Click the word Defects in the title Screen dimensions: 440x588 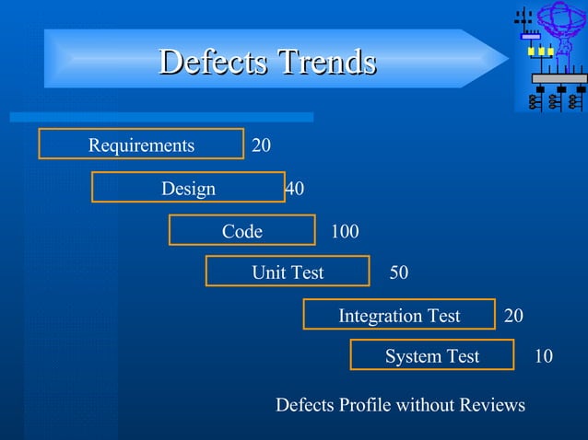[212, 62]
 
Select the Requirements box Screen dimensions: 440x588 [141, 145]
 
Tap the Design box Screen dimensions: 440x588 [188, 188]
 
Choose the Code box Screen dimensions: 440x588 [241, 231]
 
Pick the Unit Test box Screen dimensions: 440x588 [288, 272]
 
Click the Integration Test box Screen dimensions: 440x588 [399, 316]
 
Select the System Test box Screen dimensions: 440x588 [431, 356]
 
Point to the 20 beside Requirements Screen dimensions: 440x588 [262, 145]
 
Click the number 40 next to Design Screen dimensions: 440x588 [295, 189]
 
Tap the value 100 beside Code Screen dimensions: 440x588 [345, 232]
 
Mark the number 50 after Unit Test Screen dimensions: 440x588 [399, 273]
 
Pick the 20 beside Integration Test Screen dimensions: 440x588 [514, 317]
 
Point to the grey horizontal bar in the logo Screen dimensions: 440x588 [559, 79]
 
